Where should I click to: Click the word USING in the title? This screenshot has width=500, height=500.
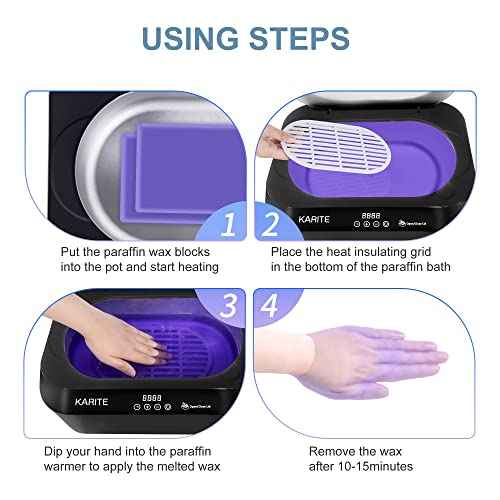[x=189, y=38]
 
